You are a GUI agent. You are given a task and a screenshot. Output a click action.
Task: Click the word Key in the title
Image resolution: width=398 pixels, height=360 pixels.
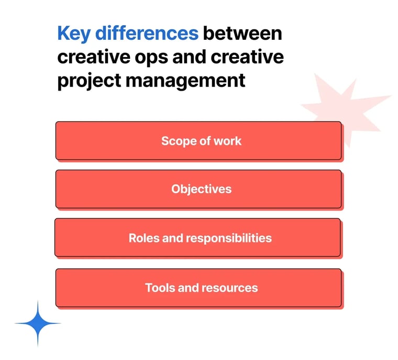click(73, 34)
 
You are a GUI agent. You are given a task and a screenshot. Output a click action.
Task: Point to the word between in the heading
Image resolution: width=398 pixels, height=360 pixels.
click(242, 34)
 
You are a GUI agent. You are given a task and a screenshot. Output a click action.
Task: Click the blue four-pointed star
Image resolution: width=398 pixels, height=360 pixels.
click(38, 323)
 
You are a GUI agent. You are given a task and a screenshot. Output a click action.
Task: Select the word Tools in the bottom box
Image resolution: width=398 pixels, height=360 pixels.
click(159, 288)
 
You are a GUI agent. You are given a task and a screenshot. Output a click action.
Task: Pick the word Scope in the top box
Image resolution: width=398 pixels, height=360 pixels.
click(176, 140)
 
